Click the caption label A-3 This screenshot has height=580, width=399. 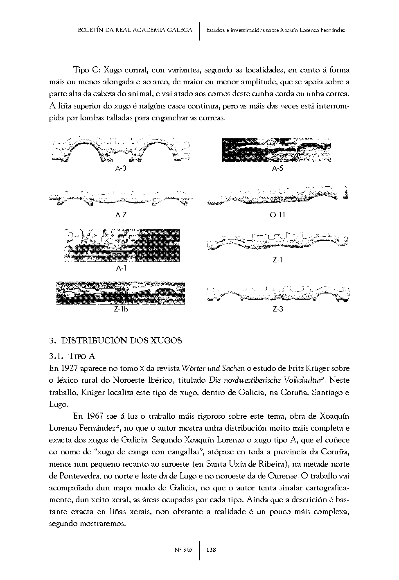[120, 168]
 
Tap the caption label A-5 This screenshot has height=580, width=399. [277, 168]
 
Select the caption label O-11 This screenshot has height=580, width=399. [277, 215]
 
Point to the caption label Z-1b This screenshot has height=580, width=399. [121, 309]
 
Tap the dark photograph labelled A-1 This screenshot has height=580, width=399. [122, 245]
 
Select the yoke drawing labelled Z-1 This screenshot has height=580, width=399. [277, 242]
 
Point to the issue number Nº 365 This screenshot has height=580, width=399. [183, 550]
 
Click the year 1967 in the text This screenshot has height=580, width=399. [92, 416]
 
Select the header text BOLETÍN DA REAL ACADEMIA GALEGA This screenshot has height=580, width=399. [135, 30]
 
